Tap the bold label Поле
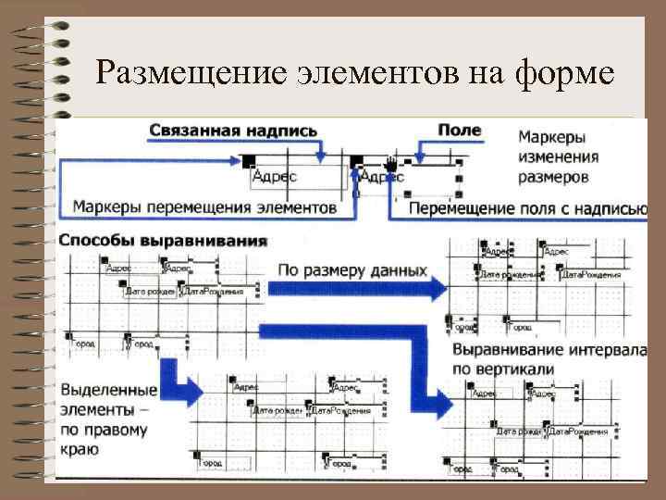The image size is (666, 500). coord(459,131)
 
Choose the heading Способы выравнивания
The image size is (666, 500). coord(164,240)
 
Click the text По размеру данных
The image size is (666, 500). coord(352,271)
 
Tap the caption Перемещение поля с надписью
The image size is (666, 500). coord(527,208)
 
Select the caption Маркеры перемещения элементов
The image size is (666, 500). coord(204,206)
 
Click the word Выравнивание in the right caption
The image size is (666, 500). coord(512,353)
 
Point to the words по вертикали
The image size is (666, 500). coord(503,369)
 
